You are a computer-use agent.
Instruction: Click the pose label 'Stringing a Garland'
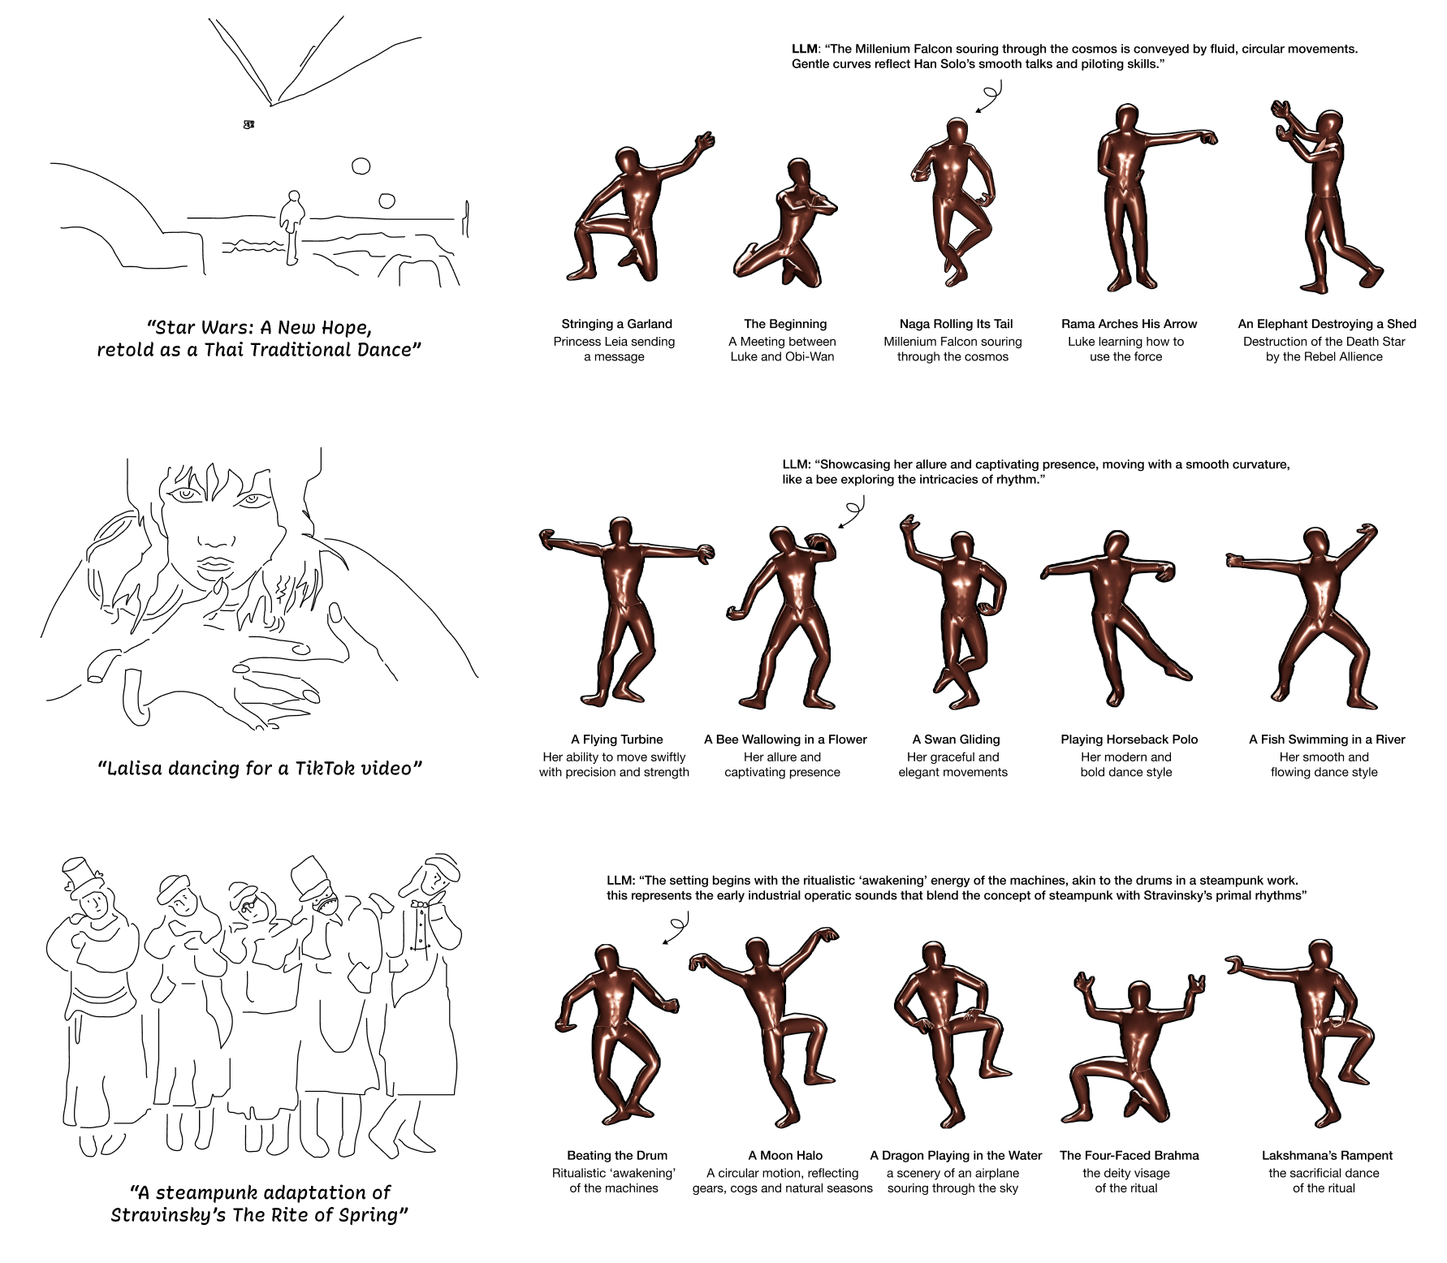(616, 324)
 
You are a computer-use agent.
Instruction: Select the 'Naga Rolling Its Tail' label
(956, 324)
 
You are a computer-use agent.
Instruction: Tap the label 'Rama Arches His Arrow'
(1129, 324)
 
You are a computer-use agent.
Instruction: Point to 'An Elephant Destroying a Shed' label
(1327, 324)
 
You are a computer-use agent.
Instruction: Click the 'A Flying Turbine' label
(616, 739)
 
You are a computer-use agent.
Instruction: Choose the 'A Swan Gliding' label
(956, 739)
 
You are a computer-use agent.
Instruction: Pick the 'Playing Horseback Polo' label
(1129, 739)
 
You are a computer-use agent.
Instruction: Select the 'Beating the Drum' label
(616, 1155)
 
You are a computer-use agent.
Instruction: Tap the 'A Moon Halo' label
(785, 1155)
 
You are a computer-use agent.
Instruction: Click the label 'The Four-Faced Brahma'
(1129, 1155)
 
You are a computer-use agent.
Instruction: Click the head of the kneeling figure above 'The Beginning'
(798, 172)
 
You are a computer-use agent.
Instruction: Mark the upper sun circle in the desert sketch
(361, 166)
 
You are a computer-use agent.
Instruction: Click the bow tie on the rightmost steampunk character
(419, 903)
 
